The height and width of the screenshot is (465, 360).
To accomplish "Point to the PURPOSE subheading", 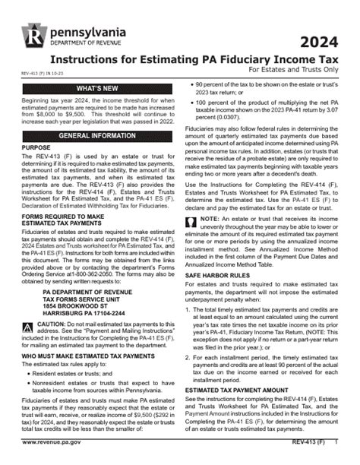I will (x=36, y=147).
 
